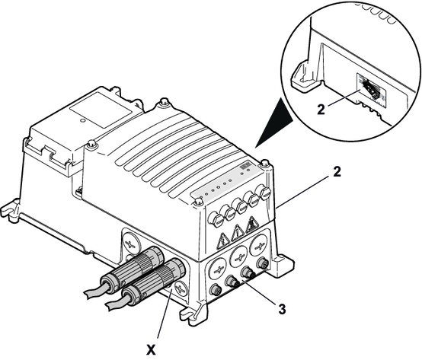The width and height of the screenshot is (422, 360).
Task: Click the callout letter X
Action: pyautogui.click(x=151, y=350)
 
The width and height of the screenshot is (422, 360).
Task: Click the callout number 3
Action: pyautogui.click(x=282, y=309)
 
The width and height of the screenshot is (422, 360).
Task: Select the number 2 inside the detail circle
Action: pyautogui.click(x=321, y=110)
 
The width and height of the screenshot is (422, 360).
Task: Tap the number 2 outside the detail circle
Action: pyautogui.click(x=337, y=172)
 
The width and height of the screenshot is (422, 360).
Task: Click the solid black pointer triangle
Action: pyautogui.click(x=273, y=123)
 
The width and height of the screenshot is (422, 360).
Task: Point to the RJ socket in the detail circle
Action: pyautogui.click(x=372, y=91)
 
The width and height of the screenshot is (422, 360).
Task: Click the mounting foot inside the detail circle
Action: pyautogui.click(x=304, y=76)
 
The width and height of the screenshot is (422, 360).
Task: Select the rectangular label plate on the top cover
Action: pyautogui.click(x=101, y=110)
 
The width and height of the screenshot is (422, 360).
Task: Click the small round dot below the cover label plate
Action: pyautogui.click(x=83, y=120)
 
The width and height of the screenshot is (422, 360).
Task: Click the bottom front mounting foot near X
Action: pyautogui.click(x=193, y=312)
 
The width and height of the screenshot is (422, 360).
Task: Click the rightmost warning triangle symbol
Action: pyautogui.click(x=251, y=225)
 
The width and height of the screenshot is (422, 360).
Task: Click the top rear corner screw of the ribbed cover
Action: pyautogui.click(x=164, y=102)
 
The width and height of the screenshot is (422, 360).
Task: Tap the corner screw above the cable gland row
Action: pyautogui.click(x=265, y=163)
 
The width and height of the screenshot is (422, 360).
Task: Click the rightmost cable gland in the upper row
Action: pyautogui.click(x=262, y=193)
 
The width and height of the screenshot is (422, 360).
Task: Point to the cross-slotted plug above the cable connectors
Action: pyautogui.click(x=130, y=240)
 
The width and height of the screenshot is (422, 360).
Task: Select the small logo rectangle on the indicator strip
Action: pyautogui.click(x=245, y=166)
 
